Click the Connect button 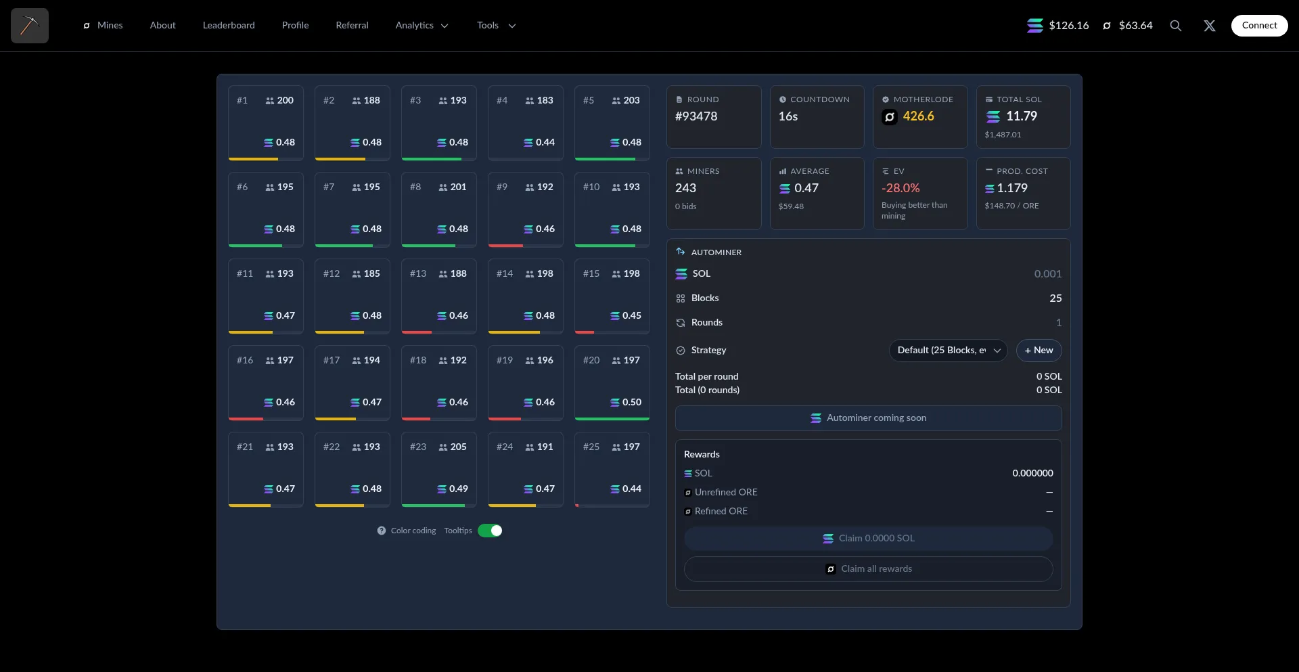1259,26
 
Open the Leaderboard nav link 229,26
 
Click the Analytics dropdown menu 421,26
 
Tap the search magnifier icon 1176,26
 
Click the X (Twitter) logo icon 1210,26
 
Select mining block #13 438,296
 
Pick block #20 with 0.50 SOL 612,382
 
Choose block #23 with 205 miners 438,469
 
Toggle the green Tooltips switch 490,531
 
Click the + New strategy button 1039,351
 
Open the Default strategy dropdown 948,351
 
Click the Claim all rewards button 868,569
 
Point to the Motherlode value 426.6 918,116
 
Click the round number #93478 696,116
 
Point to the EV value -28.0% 901,188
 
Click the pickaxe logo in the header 30,26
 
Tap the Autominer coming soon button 868,418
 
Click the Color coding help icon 382,531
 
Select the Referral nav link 352,26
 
